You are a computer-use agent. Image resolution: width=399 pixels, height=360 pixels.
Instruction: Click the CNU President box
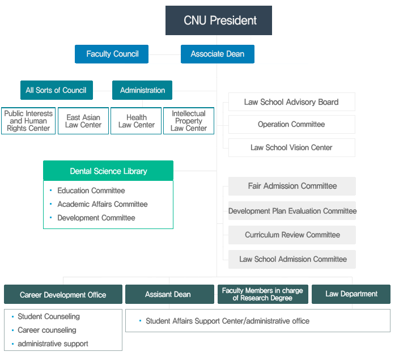[219, 21]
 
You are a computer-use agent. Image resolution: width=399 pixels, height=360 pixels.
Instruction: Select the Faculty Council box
[112, 54]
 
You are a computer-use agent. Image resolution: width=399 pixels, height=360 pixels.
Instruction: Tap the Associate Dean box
[218, 54]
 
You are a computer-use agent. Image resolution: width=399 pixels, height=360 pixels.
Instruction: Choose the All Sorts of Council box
[56, 90]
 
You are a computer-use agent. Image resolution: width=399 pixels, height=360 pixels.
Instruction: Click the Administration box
[142, 90]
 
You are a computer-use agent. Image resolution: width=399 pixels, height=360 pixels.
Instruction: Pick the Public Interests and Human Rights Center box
[28, 121]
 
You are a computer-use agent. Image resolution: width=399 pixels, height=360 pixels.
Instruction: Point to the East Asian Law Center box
[83, 121]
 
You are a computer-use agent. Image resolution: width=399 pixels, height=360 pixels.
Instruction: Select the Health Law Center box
[137, 121]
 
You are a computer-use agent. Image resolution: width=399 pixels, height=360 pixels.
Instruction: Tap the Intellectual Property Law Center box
[189, 121]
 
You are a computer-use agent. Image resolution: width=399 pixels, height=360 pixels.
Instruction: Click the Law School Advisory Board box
[291, 102]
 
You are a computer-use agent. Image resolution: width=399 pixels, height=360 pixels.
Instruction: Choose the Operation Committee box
[291, 124]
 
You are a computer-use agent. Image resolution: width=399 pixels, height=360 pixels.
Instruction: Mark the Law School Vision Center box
[291, 147]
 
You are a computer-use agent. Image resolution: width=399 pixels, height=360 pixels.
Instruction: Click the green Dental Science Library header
[108, 171]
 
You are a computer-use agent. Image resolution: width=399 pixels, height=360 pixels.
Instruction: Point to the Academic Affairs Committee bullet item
[102, 204]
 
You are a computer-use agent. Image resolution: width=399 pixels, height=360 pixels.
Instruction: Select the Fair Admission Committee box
[292, 186]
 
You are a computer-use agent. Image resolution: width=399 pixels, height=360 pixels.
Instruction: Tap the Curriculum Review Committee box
[292, 235]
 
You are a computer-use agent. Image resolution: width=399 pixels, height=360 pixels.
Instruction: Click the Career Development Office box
[63, 294]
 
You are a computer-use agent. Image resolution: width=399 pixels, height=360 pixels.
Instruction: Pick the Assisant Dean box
[168, 294]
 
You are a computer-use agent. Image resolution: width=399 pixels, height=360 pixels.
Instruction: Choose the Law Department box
[351, 294]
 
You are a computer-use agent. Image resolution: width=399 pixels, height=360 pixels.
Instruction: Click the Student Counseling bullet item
[49, 316]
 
